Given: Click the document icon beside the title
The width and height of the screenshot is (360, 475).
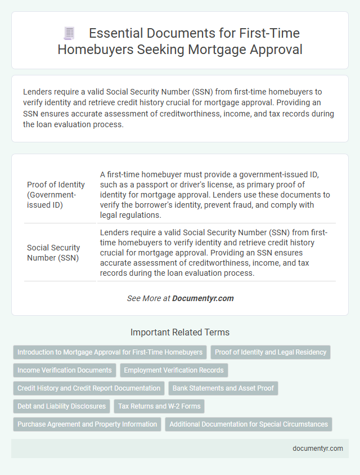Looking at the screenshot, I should tap(69, 34).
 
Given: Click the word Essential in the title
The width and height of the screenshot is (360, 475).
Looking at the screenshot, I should tap(116, 34).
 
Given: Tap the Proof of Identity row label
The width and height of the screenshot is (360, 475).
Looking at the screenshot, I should tap(56, 195).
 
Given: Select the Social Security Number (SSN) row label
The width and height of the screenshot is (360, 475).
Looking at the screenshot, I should tap(53, 253).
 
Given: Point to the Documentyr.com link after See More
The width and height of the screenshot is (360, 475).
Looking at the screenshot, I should tap(203, 298).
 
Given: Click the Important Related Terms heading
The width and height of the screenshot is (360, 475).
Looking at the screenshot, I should tap(180, 332).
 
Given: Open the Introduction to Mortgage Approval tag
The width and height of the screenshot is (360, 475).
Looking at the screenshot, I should tap(110, 352).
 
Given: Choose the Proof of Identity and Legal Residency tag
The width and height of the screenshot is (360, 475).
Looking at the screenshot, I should tap(271, 352).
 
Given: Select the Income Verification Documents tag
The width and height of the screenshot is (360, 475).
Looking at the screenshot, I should tap(65, 370).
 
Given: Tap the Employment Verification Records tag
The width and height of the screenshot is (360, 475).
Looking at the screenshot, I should tap(174, 370).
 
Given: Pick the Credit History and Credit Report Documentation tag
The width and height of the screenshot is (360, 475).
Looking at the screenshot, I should tap(89, 388).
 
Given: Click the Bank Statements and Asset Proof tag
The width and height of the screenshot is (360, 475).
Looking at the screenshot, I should tap(223, 388).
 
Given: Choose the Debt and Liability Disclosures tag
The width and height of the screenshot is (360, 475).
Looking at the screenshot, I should tap(61, 406).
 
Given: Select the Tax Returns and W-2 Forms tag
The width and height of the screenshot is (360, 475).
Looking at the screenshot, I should tap(159, 406).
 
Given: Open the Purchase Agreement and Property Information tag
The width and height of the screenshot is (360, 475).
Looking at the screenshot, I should tap(87, 424).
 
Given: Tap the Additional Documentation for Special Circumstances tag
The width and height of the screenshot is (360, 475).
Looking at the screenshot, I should tap(249, 424).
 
